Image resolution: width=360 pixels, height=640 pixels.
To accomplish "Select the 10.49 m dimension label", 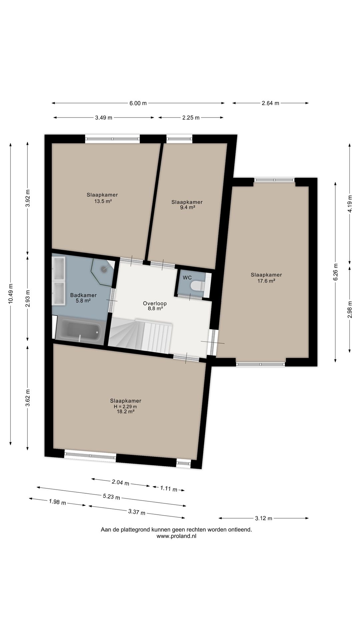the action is [11, 293].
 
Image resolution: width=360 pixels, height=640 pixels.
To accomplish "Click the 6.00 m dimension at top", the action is [138, 103].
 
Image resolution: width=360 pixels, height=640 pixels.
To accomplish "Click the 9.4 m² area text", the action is [187, 207].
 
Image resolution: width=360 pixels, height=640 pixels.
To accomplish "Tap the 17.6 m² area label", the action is [266, 281].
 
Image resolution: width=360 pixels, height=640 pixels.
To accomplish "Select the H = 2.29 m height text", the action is [125, 406].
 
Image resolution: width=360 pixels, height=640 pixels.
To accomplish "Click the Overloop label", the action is [155, 303].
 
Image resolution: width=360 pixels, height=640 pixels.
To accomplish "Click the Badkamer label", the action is [83, 295].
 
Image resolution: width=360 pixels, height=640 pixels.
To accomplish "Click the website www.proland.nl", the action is [176, 536].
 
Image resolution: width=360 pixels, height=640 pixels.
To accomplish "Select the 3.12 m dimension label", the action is [264, 518].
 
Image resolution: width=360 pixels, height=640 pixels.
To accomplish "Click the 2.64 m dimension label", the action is [270, 103].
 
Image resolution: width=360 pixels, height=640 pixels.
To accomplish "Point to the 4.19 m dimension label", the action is [350, 204].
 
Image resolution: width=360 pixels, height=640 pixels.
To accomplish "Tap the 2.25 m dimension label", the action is [191, 117].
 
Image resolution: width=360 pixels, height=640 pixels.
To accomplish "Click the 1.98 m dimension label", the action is [57, 502].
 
